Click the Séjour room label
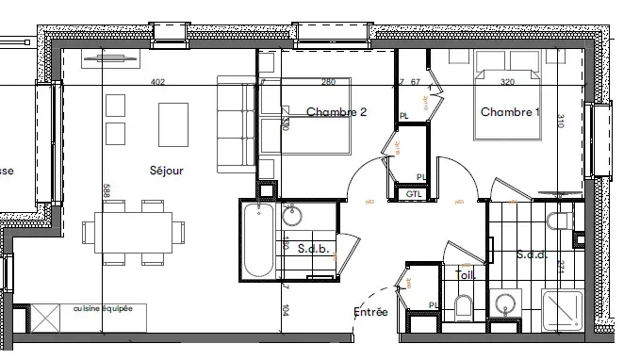165,171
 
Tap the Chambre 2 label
336,112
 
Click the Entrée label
370,312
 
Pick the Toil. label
465,275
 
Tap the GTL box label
413,194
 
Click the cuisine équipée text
104,308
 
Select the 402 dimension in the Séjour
158,82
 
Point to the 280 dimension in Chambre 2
329,82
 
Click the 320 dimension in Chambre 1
508,82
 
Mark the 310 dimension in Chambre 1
560,121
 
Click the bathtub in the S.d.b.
257,242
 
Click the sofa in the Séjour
236,125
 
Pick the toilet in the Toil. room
463,306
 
